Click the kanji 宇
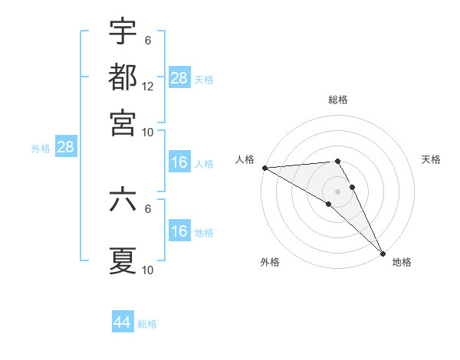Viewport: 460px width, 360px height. point(123,32)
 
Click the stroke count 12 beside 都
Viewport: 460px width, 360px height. point(148,87)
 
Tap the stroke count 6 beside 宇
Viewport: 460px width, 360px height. point(148,41)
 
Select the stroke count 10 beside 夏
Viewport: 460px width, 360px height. point(148,270)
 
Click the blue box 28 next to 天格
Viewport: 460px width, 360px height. point(179,77)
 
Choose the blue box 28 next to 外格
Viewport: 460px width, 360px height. point(65,147)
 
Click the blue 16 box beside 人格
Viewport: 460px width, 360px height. point(179,162)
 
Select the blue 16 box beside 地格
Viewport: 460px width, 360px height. point(179,231)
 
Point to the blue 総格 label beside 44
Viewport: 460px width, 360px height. point(147,324)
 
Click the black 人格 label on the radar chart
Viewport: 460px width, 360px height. point(245,159)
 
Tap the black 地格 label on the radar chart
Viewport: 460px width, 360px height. point(402,262)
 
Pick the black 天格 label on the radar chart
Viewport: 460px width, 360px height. point(431,159)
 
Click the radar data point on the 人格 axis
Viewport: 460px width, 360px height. point(264,168)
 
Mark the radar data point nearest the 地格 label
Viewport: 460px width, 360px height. point(383,253)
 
